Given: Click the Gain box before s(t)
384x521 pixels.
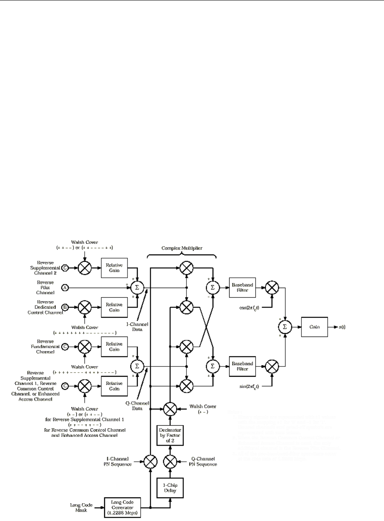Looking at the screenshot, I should click(315, 327).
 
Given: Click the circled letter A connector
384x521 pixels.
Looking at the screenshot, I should click(65, 286).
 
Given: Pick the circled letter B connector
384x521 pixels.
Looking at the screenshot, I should click(65, 307).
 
